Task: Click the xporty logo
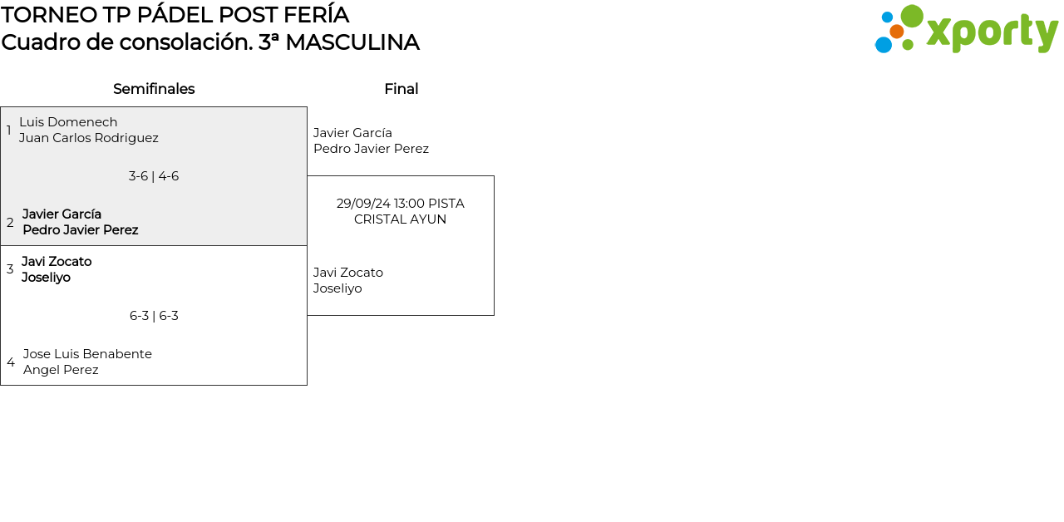pyautogui.click(x=966, y=30)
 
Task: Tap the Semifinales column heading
pyautogui.click(x=154, y=89)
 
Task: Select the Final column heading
pyautogui.click(x=401, y=89)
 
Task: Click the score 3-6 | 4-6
pyautogui.click(x=154, y=176)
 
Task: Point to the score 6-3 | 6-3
pyautogui.click(x=154, y=316)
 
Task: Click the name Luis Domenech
pyautogui.click(x=68, y=122)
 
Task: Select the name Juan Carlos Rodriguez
pyautogui.click(x=88, y=138)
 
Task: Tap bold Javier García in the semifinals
pyautogui.click(x=62, y=214)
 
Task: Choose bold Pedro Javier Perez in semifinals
pyautogui.click(x=80, y=230)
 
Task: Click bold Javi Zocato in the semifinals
pyautogui.click(x=57, y=262)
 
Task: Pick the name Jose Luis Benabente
pyautogui.click(x=87, y=354)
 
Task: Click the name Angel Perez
pyautogui.click(x=61, y=370)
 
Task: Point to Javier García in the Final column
pyautogui.click(x=352, y=133)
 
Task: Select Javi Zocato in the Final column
pyautogui.click(x=347, y=273)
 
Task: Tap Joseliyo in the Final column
pyautogui.click(x=337, y=288)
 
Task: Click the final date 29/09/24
pyautogui.click(x=363, y=204)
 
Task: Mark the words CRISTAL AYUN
pyautogui.click(x=400, y=219)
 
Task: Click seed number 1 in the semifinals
pyautogui.click(x=9, y=130)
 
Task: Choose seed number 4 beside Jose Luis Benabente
pyautogui.click(x=11, y=362)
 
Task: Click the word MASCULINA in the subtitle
pyautogui.click(x=352, y=42)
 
